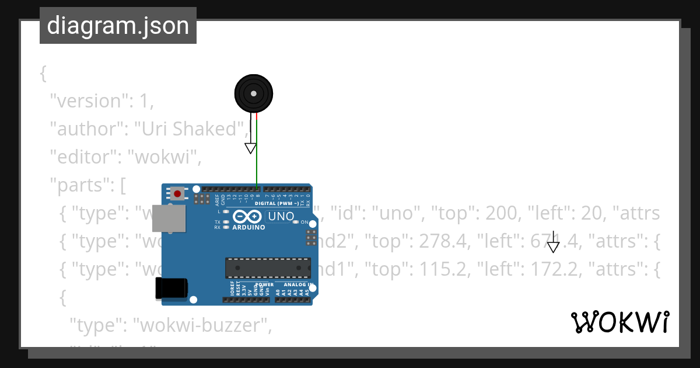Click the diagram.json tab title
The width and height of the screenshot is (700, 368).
[118, 26]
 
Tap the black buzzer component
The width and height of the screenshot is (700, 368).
[254, 93]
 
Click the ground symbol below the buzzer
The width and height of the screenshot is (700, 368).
[250, 148]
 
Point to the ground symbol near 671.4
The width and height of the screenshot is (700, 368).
[553, 247]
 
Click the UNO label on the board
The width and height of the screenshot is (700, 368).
[281, 217]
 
